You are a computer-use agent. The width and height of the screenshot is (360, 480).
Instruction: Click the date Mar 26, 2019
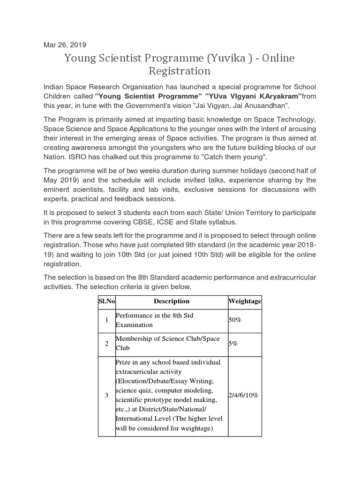click(x=65, y=45)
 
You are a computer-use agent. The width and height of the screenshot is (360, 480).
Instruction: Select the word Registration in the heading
click(x=180, y=71)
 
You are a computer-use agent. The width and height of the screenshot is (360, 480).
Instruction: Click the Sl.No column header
click(x=106, y=301)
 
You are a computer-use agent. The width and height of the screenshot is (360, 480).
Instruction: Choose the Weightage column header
click(x=244, y=301)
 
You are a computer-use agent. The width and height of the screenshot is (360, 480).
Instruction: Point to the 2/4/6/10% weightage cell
click(x=243, y=395)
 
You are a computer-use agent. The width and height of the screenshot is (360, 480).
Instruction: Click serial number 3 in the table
click(x=106, y=396)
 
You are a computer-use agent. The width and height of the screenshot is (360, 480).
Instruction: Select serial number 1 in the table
click(x=106, y=320)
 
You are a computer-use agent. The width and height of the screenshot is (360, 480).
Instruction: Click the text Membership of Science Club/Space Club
click(x=167, y=344)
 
